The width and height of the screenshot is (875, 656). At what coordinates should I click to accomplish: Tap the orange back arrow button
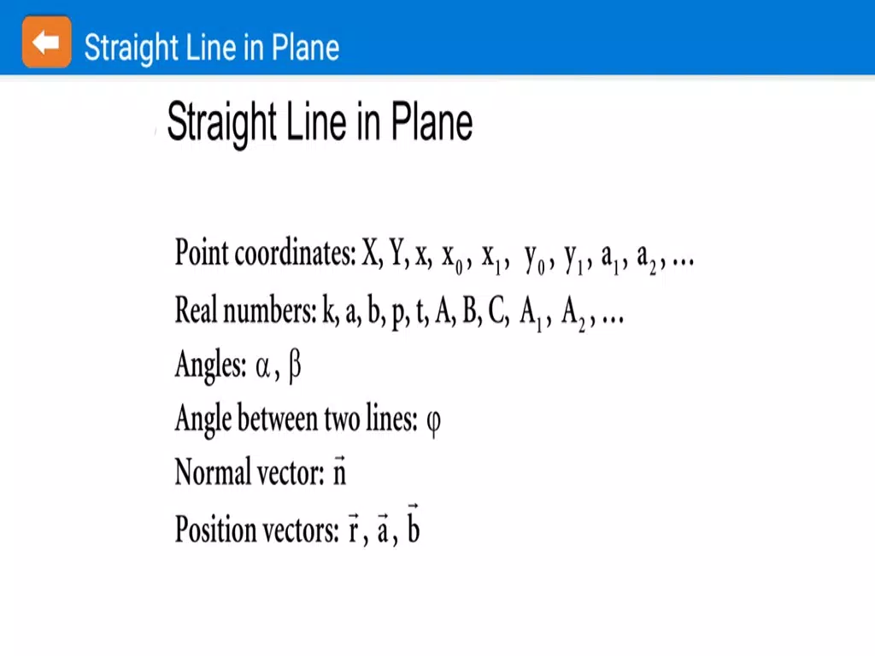click(46, 42)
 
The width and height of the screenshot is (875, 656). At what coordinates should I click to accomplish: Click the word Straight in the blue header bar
click(131, 48)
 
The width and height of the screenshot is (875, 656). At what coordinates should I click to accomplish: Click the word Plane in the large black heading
click(432, 121)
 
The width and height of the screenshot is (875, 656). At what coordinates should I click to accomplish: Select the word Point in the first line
click(202, 253)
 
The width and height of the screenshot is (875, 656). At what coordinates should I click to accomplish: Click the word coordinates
click(295, 253)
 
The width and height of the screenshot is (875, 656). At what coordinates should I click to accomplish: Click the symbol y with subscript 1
click(573, 260)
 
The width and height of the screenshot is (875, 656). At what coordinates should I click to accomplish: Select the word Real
click(196, 309)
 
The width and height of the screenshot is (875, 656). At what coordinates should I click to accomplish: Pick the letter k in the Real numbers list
click(330, 309)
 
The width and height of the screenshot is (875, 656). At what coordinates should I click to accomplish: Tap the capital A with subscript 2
click(573, 314)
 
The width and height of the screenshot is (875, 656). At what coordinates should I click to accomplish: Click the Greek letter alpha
click(263, 366)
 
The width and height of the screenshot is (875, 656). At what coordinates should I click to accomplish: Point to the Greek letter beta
click(295, 367)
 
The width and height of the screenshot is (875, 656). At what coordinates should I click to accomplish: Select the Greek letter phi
click(433, 422)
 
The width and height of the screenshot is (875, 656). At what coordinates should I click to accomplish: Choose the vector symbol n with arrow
click(340, 471)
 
